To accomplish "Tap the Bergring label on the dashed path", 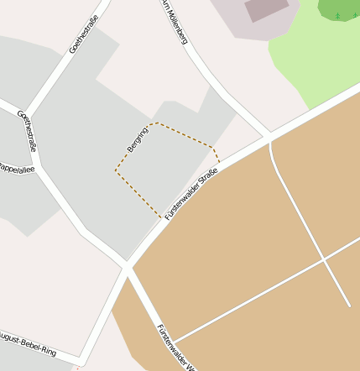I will click(x=137, y=138).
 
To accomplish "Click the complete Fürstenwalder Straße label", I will click(x=191, y=194).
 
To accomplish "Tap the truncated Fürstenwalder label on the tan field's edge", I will click(x=176, y=346).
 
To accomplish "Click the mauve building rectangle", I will click(x=267, y=8).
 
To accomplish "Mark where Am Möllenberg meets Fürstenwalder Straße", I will click(x=269, y=136).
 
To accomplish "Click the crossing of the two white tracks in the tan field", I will click(x=325, y=261).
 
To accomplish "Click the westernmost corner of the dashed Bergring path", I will click(x=115, y=170).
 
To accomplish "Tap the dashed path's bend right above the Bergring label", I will click(x=151, y=123).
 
